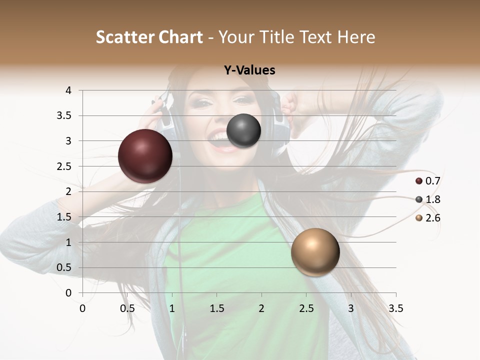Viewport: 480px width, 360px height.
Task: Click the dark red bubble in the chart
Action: point(145,156)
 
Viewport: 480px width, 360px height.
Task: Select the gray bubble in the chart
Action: point(243,130)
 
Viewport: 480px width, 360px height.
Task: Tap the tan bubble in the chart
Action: point(315,252)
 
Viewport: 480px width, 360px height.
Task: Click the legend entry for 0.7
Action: point(427,181)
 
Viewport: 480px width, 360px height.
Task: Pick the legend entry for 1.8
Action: point(427,199)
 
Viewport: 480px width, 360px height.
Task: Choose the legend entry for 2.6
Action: point(427,218)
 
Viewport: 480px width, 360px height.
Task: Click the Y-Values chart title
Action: point(249,70)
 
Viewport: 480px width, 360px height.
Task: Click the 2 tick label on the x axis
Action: point(261,308)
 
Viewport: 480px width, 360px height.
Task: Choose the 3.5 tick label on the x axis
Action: point(395,308)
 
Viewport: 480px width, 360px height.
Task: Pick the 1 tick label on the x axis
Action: point(172,308)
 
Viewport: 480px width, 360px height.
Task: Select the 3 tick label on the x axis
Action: point(351,308)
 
